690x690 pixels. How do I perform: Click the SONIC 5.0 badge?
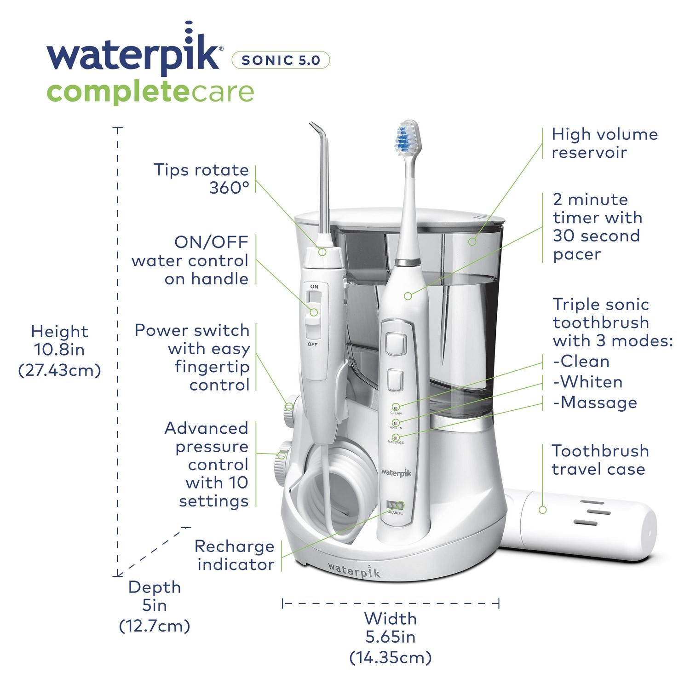[281, 60]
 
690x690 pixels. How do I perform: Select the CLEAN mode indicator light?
[396, 407]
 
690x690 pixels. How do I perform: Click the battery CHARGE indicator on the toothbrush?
[395, 505]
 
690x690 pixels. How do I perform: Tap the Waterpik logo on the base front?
[354, 570]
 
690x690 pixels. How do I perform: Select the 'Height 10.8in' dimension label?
[59, 350]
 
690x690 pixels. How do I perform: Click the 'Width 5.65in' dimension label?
[391, 638]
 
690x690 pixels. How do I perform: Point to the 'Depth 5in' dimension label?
[155, 606]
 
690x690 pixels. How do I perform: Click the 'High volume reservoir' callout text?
[604, 143]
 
